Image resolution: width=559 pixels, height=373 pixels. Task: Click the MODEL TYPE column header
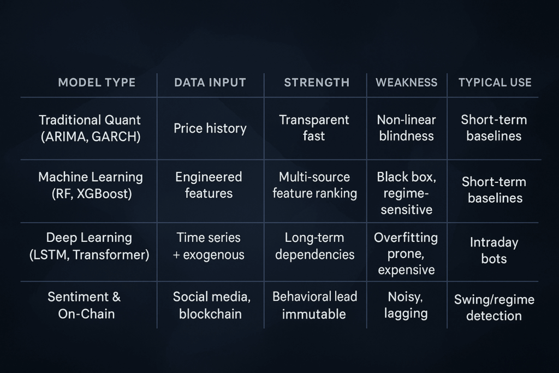[97, 82]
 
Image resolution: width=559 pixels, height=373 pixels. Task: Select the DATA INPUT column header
[210, 82]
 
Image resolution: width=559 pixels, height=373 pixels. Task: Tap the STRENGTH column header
[317, 82]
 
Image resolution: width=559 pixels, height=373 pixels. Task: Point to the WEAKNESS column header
[406, 82]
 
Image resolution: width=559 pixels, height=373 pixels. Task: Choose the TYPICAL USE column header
[495, 82]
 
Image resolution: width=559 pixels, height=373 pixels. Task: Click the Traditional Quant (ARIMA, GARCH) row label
[90, 128]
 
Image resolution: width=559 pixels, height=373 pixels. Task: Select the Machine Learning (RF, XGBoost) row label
[91, 185]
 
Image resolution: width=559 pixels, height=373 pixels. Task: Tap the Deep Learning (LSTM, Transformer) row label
[89, 246]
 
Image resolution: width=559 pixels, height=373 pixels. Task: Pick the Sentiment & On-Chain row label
[85, 305]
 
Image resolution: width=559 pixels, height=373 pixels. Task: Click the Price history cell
[210, 128]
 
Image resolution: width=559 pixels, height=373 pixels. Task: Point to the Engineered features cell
[209, 185]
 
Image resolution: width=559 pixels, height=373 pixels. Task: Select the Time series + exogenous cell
[209, 246]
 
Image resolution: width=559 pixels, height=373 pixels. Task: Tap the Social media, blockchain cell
[211, 305]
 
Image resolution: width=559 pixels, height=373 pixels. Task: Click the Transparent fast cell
[314, 128]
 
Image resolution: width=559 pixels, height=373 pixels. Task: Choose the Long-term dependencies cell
[315, 246]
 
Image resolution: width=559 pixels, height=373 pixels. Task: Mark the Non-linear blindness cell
[406, 128]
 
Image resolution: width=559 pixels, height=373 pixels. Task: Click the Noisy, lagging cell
[406, 305]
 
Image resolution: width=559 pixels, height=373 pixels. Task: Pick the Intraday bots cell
[493, 250]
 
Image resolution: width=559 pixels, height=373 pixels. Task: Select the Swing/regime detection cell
[494, 307]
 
